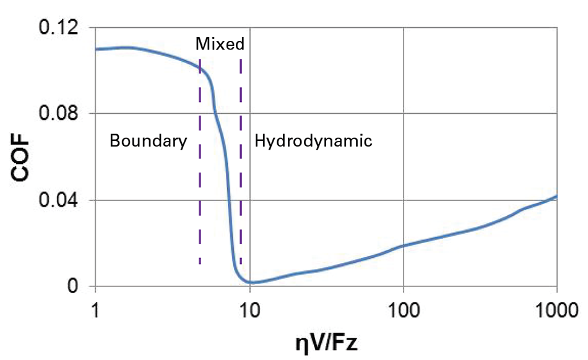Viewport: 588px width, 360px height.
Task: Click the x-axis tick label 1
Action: coord(95,308)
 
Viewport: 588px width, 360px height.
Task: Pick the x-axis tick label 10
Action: coord(249,308)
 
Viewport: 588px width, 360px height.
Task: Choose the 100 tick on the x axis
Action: coord(404,308)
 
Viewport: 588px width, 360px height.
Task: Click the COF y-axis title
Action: coord(22,157)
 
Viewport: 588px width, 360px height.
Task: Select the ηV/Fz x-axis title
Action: coord(326,340)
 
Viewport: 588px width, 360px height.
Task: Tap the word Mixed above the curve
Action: coord(220,44)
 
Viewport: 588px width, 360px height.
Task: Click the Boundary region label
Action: coord(148,141)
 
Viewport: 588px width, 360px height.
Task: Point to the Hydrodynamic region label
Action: coord(313,141)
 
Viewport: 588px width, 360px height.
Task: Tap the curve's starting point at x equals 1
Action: coord(96,49)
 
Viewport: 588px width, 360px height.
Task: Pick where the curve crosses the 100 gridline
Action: coord(404,246)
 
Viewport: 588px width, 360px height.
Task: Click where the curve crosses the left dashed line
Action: coord(200,68)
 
